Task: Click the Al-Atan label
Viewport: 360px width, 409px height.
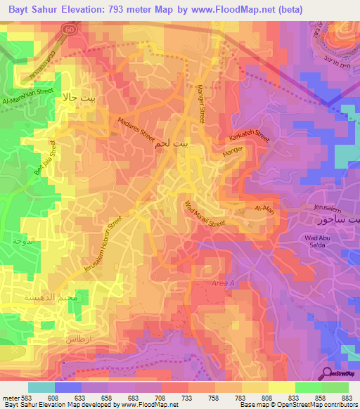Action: (x=263, y=209)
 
